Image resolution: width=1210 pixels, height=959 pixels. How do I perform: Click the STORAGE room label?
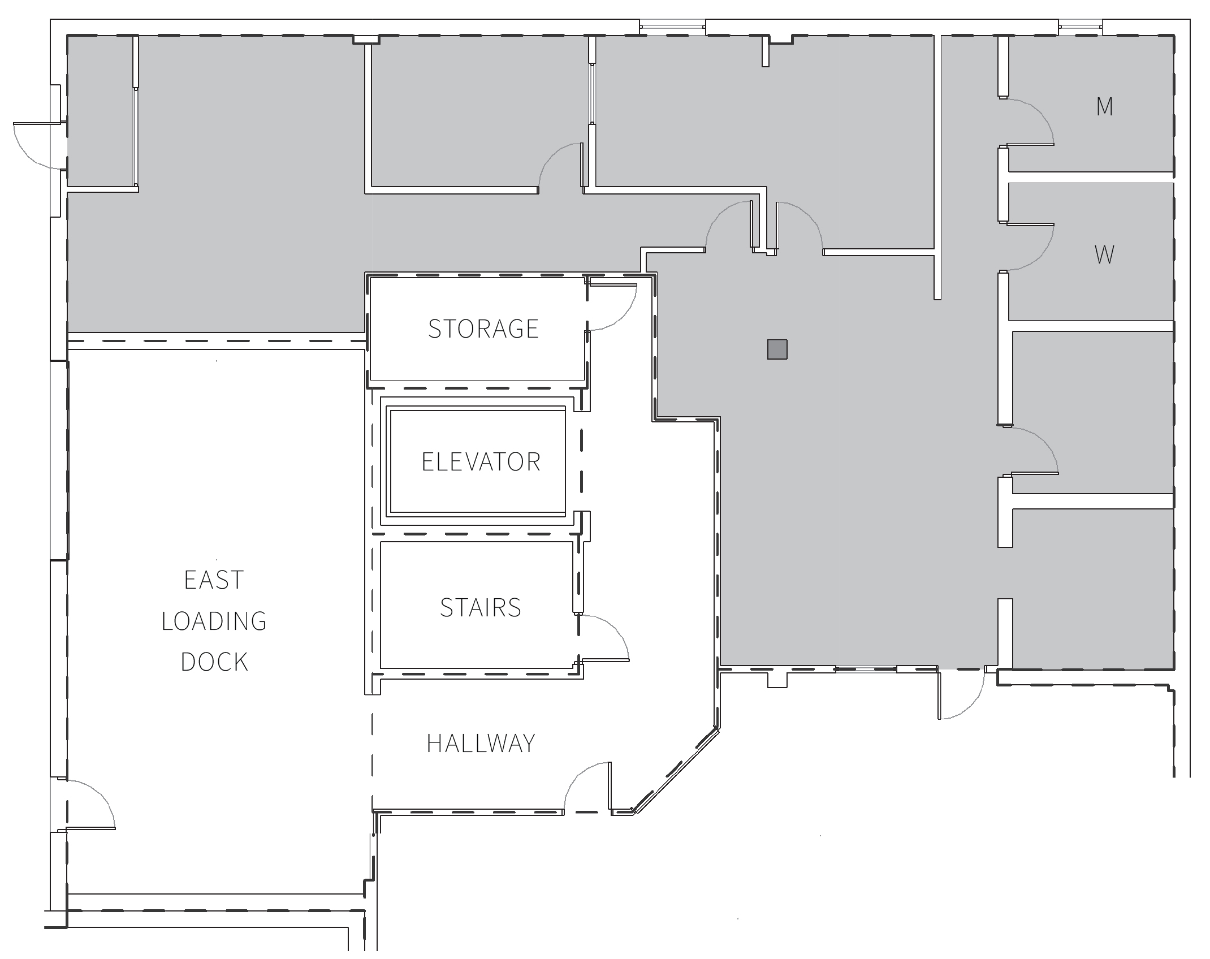pyautogui.click(x=483, y=329)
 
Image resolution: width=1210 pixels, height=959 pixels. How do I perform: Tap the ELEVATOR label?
pyautogui.click(x=481, y=462)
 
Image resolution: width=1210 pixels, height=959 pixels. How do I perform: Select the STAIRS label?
pyautogui.click(x=481, y=607)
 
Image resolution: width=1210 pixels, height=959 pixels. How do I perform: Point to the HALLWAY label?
pyautogui.click(x=481, y=743)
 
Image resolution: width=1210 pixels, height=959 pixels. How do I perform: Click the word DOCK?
pyautogui.click(x=214, y=662)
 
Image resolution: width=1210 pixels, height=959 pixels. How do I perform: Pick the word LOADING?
pyautogui.click(x=214, y=621)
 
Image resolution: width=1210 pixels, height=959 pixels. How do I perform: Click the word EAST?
pyautogui.click(x=214, y=580)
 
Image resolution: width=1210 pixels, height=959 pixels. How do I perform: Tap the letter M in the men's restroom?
pyautogui.click(x=1104, y=107)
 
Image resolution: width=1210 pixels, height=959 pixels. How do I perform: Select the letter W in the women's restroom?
pyautogui.click(x=1104, y=255)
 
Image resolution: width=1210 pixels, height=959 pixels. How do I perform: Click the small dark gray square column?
pyautogui.click(x=777, y=349)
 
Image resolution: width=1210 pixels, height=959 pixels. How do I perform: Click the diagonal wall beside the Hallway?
pyautogui.click(x=676, y=771)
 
